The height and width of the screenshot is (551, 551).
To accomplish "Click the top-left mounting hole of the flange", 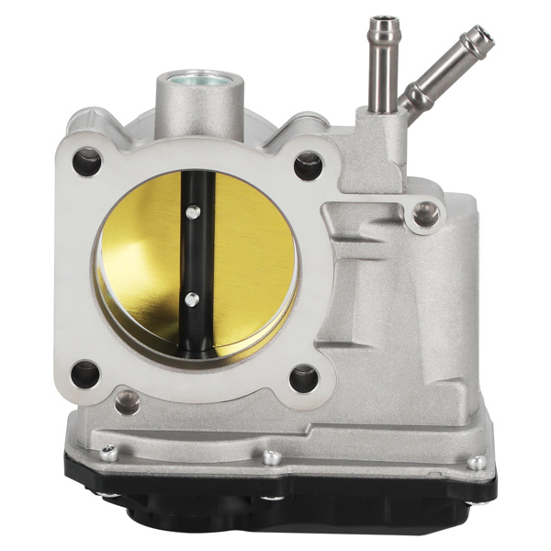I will tap(87, 162).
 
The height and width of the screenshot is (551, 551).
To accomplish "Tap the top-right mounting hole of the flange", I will tap(308, 166).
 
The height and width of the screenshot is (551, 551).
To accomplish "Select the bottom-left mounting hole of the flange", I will tap(85, 373).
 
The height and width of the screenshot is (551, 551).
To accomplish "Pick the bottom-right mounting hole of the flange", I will tap(303, 377).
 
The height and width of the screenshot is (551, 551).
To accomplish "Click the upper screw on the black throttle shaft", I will tap(191, 212).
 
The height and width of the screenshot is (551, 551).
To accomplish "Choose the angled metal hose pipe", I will tap(441, 69).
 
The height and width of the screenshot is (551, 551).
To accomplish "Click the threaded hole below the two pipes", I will tap(424, 215).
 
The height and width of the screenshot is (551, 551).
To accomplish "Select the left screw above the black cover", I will tap(109, 452).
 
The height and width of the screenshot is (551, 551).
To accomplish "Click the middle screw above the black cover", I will tap(271, 456).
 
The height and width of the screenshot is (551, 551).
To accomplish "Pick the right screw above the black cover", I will tap(477, 461).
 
